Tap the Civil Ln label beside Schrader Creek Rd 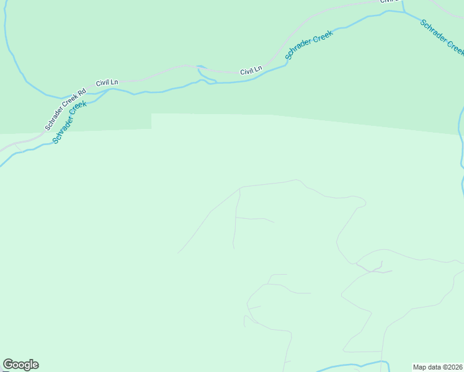[x=107, y=82]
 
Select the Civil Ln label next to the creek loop [x=251, y=71]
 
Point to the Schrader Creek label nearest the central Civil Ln [x=309, y=45]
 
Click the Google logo [x=20, y=365]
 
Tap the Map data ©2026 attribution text [x=437, y=367]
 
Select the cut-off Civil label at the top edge [x=388, y=2]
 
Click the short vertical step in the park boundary [x=151, y=121]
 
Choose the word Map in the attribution [x=420, y=367]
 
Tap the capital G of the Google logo [x=8, y=365]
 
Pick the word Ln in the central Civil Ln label [x=258, y=70]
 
